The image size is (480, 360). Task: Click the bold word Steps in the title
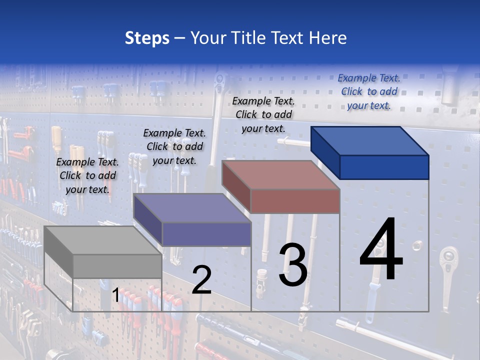click(x=147, y=38)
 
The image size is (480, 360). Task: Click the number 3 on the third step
click(x=293, y=264)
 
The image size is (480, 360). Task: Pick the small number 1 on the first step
click(x=115, y=295)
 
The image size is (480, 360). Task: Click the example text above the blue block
click(x=369, y=92)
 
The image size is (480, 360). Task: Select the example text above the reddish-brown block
click(x=263, y=114)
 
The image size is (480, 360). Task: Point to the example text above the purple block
click(x=174, y=146)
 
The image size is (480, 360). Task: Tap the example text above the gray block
click(x=87, y=175)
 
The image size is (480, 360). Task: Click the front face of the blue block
click(x=384, y=167)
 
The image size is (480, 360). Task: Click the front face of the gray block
click(x=117, y=266)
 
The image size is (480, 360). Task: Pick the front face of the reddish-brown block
click(x=295, y=201)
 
